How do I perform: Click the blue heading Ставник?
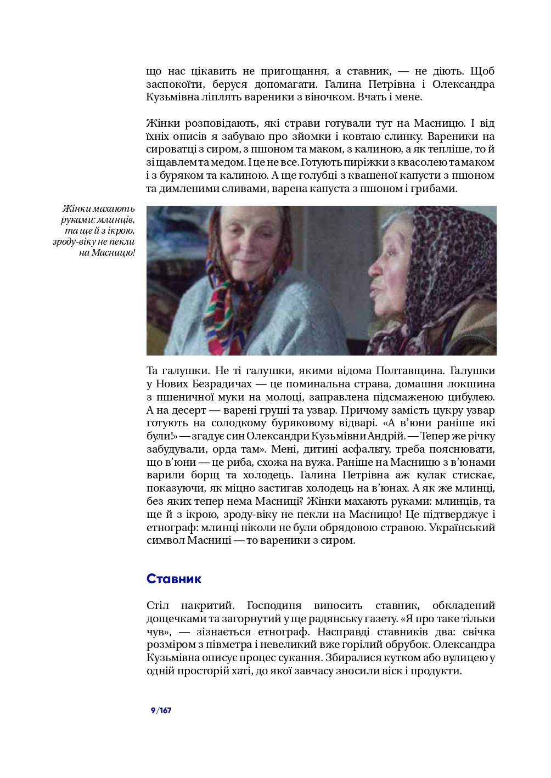point(174,579)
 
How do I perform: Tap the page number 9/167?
point(161,711)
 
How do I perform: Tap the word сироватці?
point(170,149)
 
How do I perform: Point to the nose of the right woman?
point(375,268)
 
